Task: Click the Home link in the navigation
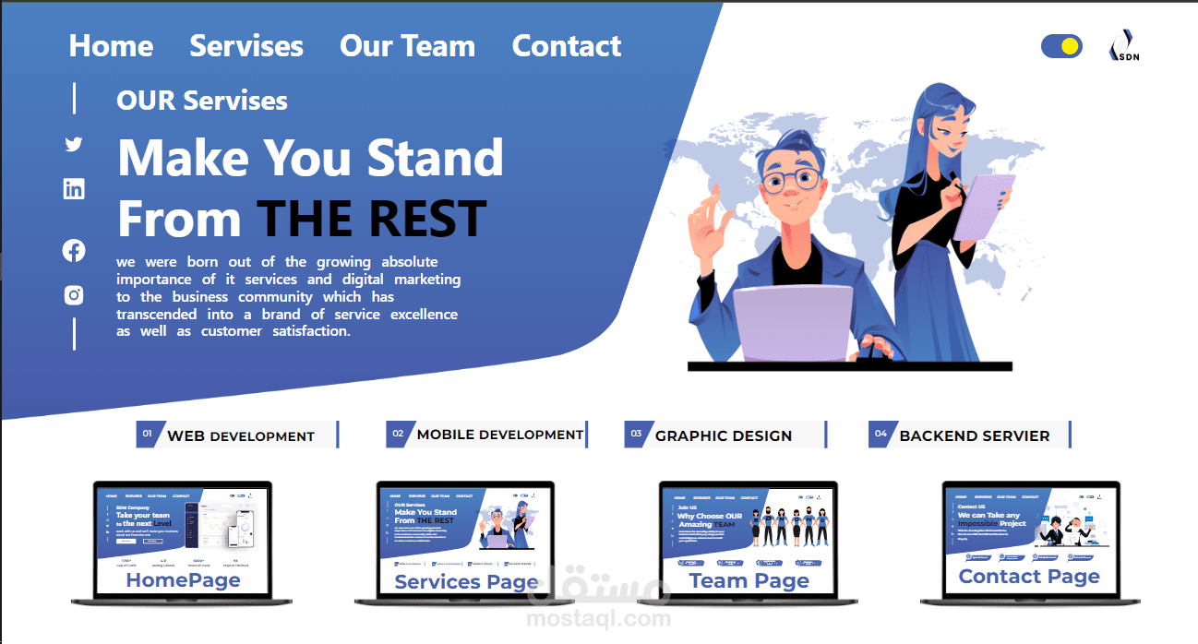click(x=111, y=46)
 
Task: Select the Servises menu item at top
click(x=246, y=46)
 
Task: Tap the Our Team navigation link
click(x=407, y=46)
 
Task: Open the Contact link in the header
click(x=567, y=46)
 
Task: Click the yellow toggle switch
click(x=1061, y=46)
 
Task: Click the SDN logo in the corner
click(x=1123, y=46)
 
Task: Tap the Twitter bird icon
click(x=74, y=144)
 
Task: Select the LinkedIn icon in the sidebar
click(x=74, y=189)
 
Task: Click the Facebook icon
click(x=74, y=250)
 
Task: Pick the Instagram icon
click(x=74, y=295)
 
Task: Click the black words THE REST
click(x=371, y=220)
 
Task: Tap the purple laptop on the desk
click(x=792, y=323)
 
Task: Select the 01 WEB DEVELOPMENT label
click(x=238, y=435)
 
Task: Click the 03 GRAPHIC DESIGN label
click(x=725, y=435)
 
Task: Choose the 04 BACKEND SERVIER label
click(x=969, y=435)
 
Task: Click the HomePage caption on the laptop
click(x=183, y=580)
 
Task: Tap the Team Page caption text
click(x=749, y=581)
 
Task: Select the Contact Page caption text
click(x=1029, y=577)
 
